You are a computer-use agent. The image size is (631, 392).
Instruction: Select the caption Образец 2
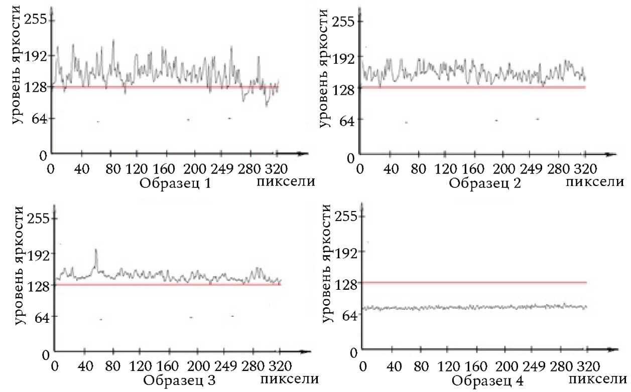(x=485, y=182)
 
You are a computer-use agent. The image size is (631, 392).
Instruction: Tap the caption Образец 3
(x=180, y=380)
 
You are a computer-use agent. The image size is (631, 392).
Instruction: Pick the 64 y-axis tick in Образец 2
(x=346, y=120)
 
